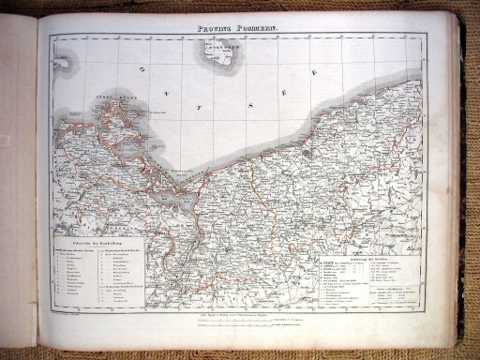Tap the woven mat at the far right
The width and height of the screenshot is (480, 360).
[472, 187]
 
